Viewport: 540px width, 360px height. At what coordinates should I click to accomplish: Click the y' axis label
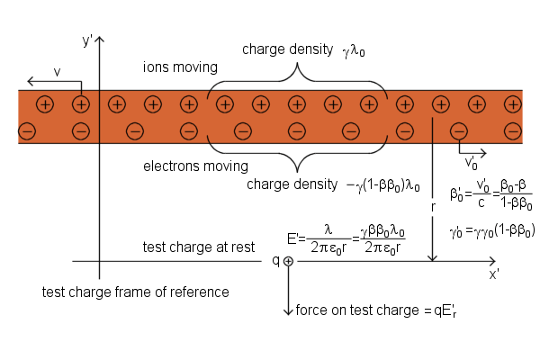pyautogui.click(x=87, y=40)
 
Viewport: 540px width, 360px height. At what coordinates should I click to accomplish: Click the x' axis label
pyautogui.click(x=494, y=274)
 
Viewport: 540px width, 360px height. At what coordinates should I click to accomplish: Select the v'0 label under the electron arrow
pyautogui.click(x=472, y=163)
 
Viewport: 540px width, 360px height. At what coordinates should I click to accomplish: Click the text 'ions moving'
pyautogui.click(x=180, y=67)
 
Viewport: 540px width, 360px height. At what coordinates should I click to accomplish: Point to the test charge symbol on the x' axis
pyautogui.click(x=288, y=261)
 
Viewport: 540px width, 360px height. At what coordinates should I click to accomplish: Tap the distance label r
pyautogui.click(x=433, y=207)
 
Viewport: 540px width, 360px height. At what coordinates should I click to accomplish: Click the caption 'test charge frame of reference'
pyautogui.click(x=136, y=292)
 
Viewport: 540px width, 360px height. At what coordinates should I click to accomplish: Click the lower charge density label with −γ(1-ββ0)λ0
pyautogui.click(x=333, y=184)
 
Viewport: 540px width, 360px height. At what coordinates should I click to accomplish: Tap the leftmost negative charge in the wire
pyautogui.click(x=27, y=132)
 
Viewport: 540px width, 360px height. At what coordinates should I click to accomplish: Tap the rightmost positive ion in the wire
pyautogui.click(x=512, y=104)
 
